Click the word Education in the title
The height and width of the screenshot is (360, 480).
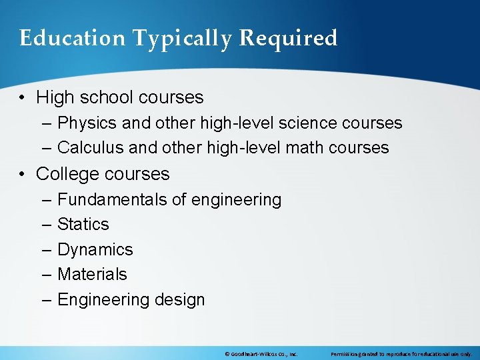(x=72, y=38)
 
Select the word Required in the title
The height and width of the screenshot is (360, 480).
(x=288, y=38)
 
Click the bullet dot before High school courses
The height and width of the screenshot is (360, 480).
(x=23, y=97)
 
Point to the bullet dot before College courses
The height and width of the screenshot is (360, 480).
(x=23, y=174)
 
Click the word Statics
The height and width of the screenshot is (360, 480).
(x=83, y=224)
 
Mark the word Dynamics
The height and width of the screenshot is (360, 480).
(x=95, y=249)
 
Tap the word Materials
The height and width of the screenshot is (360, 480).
(x=92, y=274)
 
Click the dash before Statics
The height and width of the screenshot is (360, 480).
(x=46, y=224)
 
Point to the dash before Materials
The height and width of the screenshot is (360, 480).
(x=46, y=274)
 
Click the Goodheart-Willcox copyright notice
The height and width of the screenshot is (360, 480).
(x=261, y=353)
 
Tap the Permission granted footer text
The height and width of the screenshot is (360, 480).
(x=401, y=353)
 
